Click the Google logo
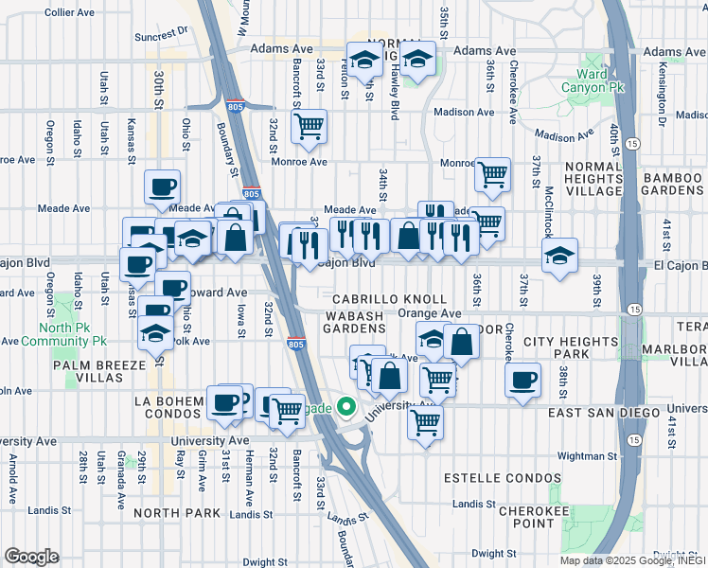pos(31,557)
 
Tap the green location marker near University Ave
pos(346,408)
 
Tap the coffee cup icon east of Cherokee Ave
pos(522,381)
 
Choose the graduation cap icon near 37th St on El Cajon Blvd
pos(559,256)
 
